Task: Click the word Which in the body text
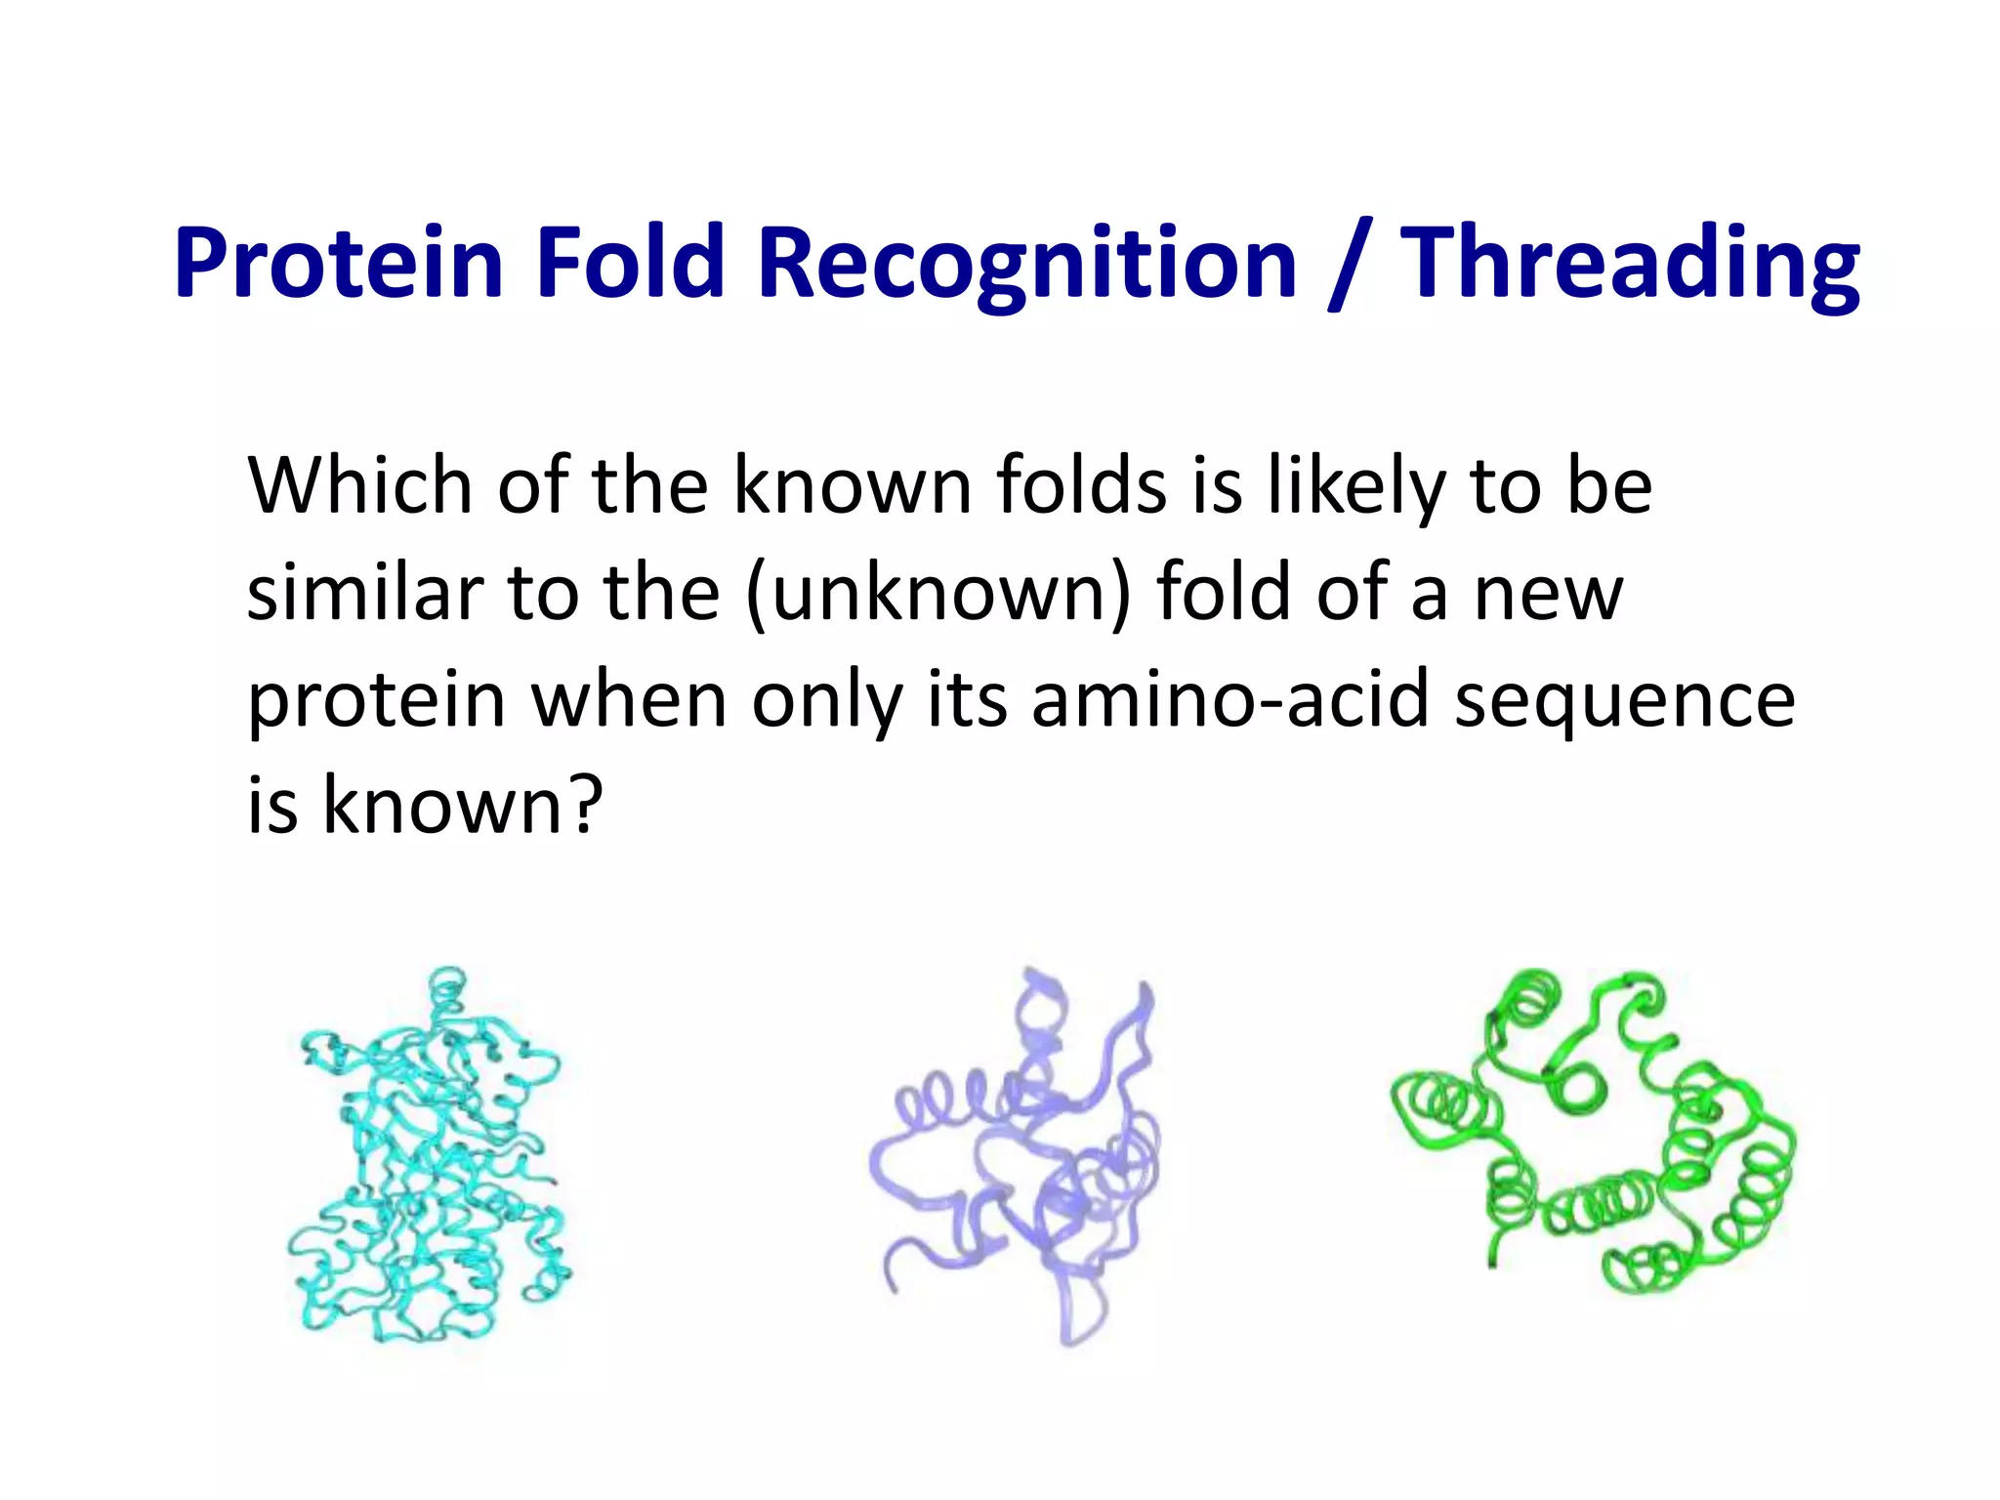tap(362, 485)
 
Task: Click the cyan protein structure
tap(430, 1172)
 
